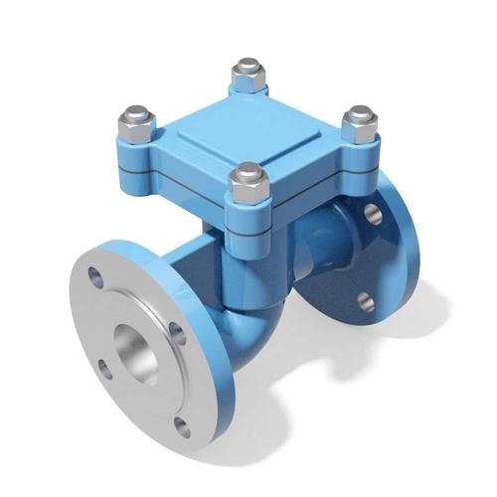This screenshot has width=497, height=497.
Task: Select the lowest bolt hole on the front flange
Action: (180, 427)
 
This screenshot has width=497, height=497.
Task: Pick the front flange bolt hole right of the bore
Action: (177, 332)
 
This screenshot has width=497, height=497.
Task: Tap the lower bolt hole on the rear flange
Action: (365, 301)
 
